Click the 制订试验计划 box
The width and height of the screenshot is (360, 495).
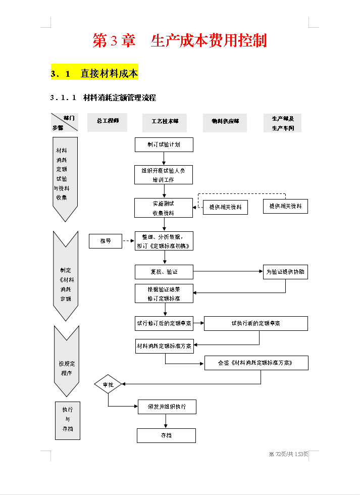[164, 144]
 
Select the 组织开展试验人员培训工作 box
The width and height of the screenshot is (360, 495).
[164, 175]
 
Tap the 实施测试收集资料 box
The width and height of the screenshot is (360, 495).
[164, 208]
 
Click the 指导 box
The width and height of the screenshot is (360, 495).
[106, 241]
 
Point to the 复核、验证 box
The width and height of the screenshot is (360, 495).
[164, 272]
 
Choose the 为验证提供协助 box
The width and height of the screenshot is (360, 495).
[285, 272]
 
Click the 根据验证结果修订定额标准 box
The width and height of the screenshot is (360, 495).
[164, 293]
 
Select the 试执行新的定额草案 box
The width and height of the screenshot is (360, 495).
[256, 323]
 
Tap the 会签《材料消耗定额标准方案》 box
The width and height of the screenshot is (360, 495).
[256, 363]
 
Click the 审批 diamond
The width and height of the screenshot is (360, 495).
[108, 384]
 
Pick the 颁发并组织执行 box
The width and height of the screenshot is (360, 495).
[167, 407]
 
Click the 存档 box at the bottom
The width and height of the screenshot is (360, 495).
[166, 435]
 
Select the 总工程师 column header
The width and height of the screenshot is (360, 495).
[108, 122]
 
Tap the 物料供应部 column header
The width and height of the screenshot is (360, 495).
[225, 122]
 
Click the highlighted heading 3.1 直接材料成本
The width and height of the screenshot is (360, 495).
[94, 74]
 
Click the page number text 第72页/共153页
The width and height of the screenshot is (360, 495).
[288, 454]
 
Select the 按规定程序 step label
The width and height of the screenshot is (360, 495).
[66, 368]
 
